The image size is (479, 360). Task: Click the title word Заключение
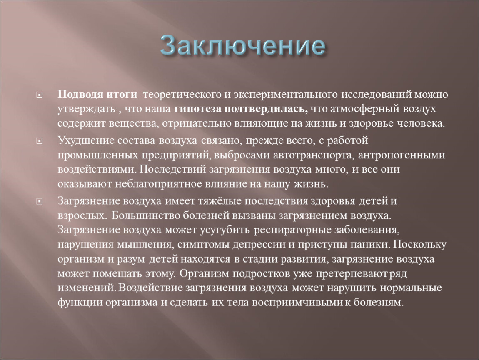(242, 45)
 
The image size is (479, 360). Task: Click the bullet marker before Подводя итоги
(40, 95)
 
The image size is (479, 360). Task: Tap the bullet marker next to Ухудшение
(40, 141)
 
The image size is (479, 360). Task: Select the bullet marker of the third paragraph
(40, 201)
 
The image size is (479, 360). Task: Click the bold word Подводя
(80, 95)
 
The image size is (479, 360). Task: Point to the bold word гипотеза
(198, 109)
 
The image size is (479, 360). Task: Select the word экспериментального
(286, 95)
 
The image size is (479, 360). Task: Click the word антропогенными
(402, 155)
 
